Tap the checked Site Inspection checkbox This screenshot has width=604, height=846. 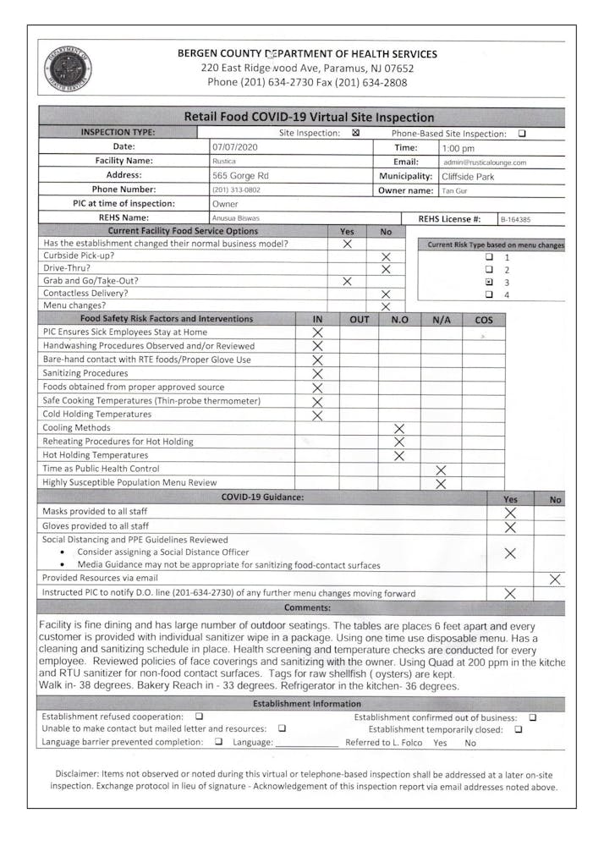pos(355,133)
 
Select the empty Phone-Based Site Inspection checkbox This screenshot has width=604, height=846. pos(521,133)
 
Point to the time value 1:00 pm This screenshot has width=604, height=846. pos(458,148)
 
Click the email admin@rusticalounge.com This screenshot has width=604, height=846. pos(485,162)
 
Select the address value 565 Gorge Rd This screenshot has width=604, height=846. pos(240,176)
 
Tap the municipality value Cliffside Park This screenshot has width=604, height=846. pos(468,177)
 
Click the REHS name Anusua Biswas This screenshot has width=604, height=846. pos(236,218)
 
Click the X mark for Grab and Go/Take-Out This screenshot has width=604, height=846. pos(347,281)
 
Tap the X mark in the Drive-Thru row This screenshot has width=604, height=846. pos(386,269)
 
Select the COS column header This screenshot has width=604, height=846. pos(484,319)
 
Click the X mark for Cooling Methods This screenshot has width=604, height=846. pos(400,428)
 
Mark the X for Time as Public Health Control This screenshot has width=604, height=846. pos(441,470)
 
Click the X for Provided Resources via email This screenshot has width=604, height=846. pos(555,579)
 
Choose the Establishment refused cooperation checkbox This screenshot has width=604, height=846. pos(199,717)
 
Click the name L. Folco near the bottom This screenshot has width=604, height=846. pos(406,743)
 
